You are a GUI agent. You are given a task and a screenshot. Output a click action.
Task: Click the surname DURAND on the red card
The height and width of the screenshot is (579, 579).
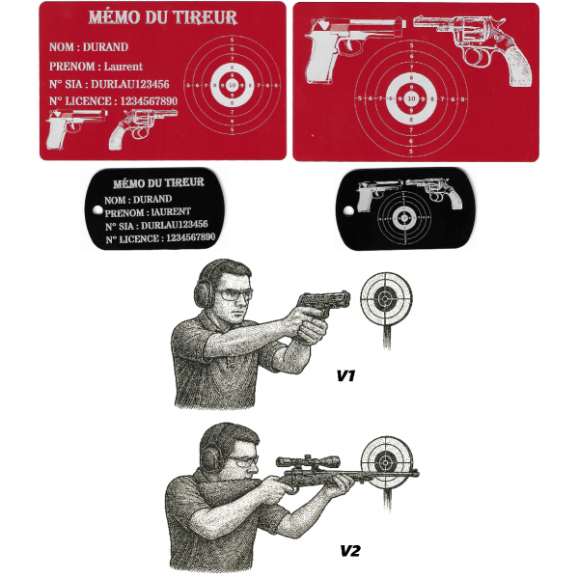click(x=105, y=47)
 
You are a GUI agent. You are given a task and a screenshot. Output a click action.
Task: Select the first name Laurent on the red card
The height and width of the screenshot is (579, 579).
click(x=123, y=67)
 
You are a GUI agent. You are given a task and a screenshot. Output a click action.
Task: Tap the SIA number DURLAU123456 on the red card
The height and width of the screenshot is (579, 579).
click(x=130, y=84)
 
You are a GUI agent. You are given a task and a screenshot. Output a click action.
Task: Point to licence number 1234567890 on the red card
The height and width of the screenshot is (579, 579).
click(x=149, y=100)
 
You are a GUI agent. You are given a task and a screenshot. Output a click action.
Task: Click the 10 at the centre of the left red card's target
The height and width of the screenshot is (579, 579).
click(x=232, y=85)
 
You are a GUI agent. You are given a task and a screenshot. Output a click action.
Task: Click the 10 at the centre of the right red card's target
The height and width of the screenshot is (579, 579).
click(x=411, y=98)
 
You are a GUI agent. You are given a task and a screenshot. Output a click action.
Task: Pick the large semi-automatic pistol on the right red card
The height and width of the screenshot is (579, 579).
click(x=354, y=48)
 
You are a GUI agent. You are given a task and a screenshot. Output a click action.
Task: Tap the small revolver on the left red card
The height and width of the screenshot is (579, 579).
click(x=142, y=127)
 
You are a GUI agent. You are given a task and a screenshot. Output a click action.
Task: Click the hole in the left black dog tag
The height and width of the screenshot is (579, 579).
click(x=97, y=210)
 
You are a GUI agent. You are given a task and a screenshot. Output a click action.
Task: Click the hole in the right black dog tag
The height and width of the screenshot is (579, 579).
click(x=348, y=210)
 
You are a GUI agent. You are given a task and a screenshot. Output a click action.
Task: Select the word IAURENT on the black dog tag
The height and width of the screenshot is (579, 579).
click(x=171, y=211)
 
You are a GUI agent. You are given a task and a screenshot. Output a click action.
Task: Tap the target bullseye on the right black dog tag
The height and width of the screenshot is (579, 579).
click(x=404, y=218)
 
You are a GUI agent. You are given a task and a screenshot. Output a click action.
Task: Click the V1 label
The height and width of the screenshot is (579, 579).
click(x=346, y=376)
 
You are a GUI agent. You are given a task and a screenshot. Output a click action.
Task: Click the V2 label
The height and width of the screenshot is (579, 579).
click(x=349, y=551)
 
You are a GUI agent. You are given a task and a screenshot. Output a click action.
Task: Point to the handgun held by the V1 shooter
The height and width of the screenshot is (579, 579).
click(x=324, y=302)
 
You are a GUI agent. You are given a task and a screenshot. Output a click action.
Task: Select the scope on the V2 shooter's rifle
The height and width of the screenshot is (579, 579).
click(x=308, y=461)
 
